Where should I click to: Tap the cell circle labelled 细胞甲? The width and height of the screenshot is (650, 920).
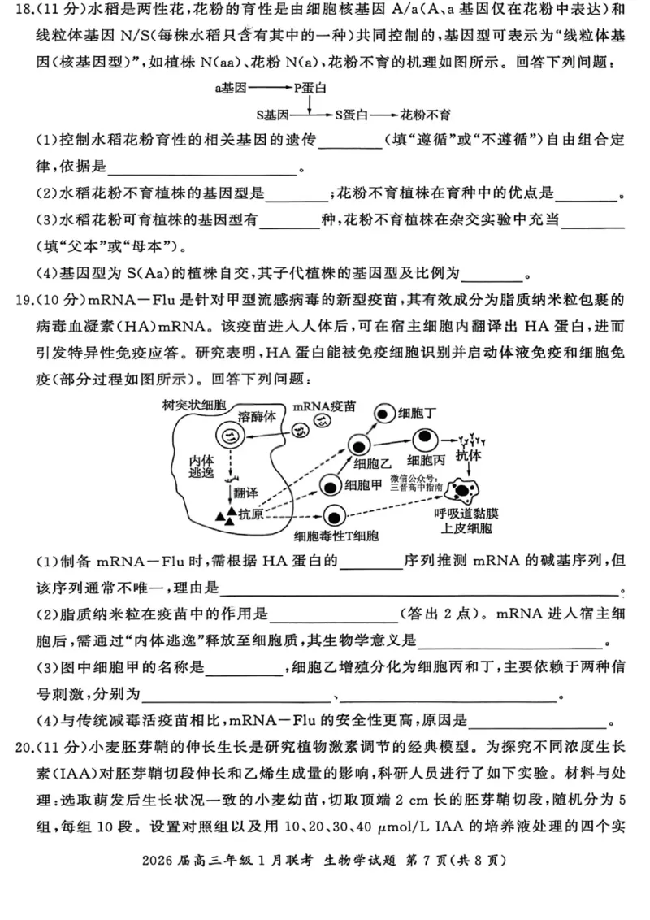[x=330, y=486]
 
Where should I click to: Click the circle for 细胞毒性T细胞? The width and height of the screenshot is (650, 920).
[x=333, y=516]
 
